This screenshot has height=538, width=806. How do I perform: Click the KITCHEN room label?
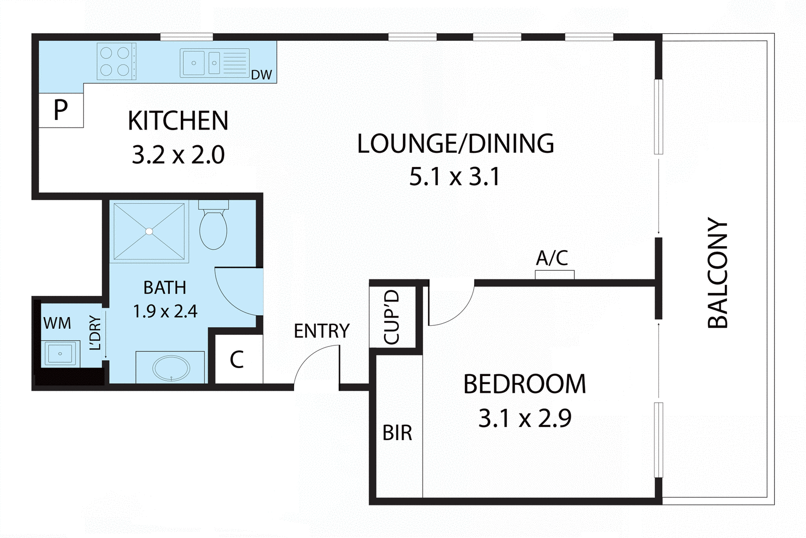click(178, 121)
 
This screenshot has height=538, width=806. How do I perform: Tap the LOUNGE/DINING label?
click(455, 144)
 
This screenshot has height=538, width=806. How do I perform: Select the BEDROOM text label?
click(524, 384)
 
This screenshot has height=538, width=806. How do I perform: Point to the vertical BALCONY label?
click(718, 273)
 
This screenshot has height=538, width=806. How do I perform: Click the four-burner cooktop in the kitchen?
click(116, 62)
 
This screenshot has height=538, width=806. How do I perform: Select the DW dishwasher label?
click(261, 75)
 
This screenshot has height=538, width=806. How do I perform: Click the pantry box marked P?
click(60, 109)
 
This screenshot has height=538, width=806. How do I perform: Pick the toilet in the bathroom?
click(214, 227)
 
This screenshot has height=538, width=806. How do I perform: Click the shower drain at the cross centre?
click(149, 231)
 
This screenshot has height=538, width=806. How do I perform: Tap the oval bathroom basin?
click(171, 368)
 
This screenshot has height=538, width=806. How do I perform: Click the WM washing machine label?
click(57, 323)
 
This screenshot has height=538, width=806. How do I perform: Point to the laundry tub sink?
click(60, 353)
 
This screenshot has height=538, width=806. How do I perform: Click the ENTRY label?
click(321, 331)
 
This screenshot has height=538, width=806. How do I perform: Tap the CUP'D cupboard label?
click(392, 317)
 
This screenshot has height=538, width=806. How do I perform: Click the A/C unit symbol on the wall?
click(554, 274)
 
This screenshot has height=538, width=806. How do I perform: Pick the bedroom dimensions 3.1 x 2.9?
click(524, 419)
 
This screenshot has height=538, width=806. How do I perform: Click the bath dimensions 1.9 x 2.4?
click(165, 311)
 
